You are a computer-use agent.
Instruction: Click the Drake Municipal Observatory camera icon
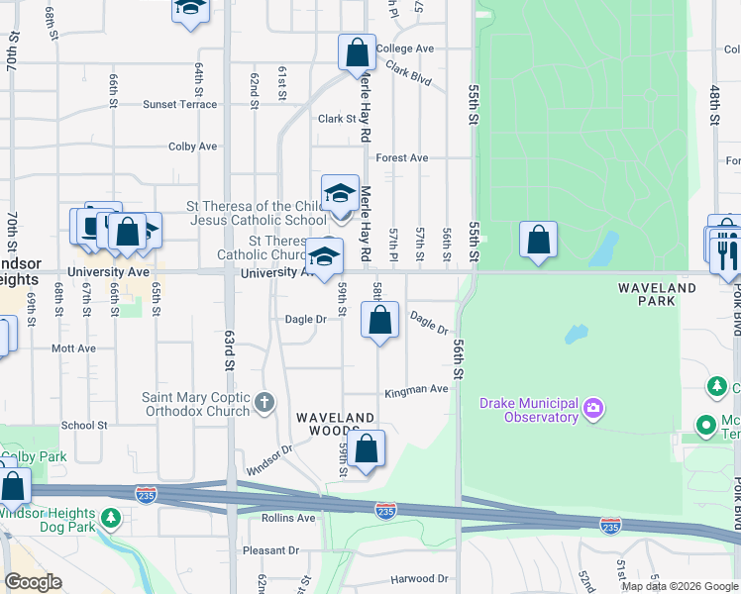(x=593, y=407)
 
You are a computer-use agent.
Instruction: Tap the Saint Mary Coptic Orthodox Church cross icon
(x=264, y=402)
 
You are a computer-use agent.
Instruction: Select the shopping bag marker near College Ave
(x=357, y=52)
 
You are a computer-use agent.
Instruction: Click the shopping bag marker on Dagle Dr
(x=380, y=320)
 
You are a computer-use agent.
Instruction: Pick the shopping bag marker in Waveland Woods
(x=367, y=449)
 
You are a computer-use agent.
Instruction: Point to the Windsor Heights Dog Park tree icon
(x=111, y=517)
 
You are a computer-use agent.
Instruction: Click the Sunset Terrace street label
(x=179, y=104)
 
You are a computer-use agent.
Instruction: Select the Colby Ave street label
(x=192, y=147)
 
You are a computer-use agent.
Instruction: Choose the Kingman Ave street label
(x=417, y=389)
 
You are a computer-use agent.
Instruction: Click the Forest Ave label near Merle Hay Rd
(x=401, y=157)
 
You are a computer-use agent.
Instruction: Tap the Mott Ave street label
(x=73, y=348)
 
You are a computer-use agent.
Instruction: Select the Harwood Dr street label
(x=419, y=578)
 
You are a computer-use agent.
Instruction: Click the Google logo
(x=32, y=582)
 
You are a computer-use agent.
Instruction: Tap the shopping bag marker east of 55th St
(x=538, y=240)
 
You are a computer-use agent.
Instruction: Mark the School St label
(x=84, y=425)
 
